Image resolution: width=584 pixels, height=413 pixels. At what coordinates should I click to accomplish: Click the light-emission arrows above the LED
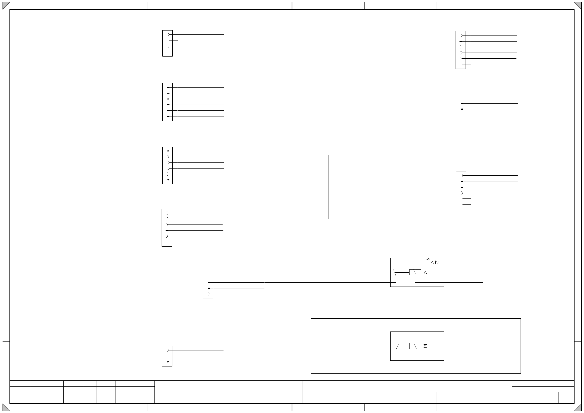coord(428,259)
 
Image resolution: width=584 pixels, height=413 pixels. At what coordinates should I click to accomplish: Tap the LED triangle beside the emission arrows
coord(432,262)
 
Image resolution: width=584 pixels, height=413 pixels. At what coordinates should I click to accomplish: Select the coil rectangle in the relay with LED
coord(415,272)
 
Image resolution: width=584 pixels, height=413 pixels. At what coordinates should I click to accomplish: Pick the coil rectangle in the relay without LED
coord(415,346)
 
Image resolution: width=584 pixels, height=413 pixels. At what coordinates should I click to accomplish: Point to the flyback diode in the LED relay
coord(425,272)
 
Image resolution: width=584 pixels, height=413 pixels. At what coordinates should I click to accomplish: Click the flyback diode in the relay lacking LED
coord(425,346)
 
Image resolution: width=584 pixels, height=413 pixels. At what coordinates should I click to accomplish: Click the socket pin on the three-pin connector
coord(209,294)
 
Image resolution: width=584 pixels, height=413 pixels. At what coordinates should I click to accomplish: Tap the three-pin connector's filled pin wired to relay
coord(209,282)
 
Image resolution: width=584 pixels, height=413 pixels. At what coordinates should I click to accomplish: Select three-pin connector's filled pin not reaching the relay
coord(209,288)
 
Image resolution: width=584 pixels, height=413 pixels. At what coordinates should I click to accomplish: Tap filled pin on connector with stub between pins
coord(168,362)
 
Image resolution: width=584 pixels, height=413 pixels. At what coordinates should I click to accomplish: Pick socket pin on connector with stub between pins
coord(168,350)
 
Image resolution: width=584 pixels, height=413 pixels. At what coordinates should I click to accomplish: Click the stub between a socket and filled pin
coord(173,356)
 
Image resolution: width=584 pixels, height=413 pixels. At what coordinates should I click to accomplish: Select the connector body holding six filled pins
coord(167,102)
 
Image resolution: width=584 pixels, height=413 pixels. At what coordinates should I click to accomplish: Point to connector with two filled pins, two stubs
coord(461,112)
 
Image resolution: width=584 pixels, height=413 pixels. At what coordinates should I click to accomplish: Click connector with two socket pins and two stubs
coord(167,43)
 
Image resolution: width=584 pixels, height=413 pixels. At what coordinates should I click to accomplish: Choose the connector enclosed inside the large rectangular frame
coord(461,190)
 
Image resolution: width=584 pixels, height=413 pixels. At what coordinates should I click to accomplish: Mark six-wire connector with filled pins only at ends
coord(167,165)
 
